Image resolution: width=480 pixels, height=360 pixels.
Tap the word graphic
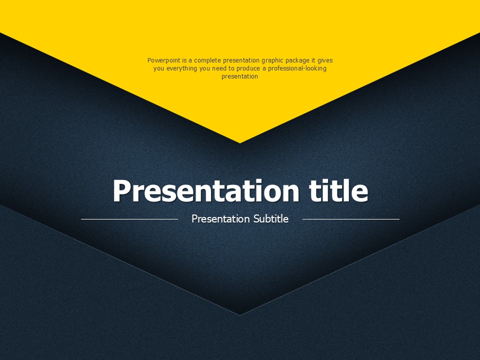tap(272, 60)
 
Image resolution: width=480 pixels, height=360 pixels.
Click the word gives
tap(325, 60)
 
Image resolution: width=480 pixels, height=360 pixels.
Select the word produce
tap(248, 68)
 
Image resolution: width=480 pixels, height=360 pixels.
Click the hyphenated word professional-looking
tap(297, 68)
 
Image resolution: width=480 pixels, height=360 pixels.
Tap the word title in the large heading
tap(338, 190)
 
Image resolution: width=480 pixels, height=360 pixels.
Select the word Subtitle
tap(271, 219)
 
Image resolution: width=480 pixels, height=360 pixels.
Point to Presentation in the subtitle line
tap(220, 219)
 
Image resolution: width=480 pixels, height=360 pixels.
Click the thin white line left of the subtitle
tap(129, 219)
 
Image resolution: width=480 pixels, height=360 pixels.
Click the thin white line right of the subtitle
tap(351, 219)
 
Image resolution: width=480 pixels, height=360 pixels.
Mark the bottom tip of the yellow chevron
tap(239, 143)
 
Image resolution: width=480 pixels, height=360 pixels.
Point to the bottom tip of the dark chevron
tap(239, 315)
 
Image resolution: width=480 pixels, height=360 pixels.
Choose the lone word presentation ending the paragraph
tap(239, 76)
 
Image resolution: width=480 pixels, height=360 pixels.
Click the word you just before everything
tap(158, 68)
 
